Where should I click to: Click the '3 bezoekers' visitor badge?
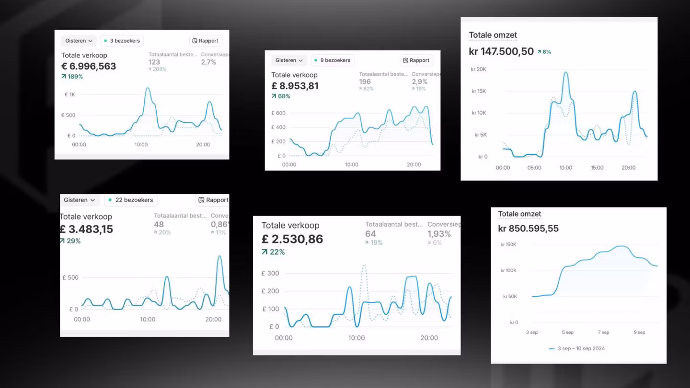click(x=122, y=41)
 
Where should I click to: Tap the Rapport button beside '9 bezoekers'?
click(x=416, y=60)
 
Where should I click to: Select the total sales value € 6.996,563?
click(x=89, y=66)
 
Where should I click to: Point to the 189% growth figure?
click(x=72, y=77)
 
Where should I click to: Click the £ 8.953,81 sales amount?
click(x=295, y=86)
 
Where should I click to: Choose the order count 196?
click(x=365, y=81)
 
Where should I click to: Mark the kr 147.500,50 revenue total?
click(x=501, y=51)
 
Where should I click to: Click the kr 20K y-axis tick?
click(x=478, y=69)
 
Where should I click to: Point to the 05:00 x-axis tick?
click(x=534, y=168)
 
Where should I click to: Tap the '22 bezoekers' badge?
click(x=131, y=200)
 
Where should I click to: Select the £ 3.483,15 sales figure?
click(x=86, y=229)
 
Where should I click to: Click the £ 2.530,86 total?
click(x=292, y=239)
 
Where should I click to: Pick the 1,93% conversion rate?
click(x=439, y=234)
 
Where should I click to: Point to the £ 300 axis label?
click(x=270, y=274)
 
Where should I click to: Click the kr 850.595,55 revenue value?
click(x=528, y=228)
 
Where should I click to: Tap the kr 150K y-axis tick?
click(x=508, y=245)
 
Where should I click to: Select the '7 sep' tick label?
click(x=603, y=332)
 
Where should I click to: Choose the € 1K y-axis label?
click(x=69, y=95)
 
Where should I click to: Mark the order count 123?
click(x=154, y=62)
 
